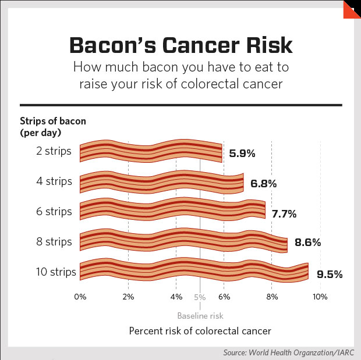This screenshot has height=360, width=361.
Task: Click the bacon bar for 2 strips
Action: click(x=151, y=151)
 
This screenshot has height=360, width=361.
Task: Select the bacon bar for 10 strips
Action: click(x=194, y=269)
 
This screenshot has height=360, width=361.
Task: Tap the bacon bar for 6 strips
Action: click(x=172, y=209)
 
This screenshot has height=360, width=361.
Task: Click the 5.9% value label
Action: click(x=242, y=154)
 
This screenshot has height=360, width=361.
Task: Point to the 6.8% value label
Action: click(x=264, y=184)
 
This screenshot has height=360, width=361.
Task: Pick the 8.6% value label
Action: click(x=308, y=242)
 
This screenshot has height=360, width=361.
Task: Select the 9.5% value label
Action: click(x=330, y=274)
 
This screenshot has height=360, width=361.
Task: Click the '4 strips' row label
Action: click(x=54, y=181)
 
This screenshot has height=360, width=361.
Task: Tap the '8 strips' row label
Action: click(x=54, y=242)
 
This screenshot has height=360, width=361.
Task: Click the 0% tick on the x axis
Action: click(x=80, y=297)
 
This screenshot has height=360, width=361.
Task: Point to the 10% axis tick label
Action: click(x=320, y=297)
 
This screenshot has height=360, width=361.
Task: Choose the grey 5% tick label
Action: click(x=200, y=297)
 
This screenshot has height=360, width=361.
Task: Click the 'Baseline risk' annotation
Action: click(x=200, y=316)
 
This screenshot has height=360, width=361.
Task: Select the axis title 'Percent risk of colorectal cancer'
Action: click(x=200, y=331)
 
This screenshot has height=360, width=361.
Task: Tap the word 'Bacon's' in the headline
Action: click(x=113, y=45)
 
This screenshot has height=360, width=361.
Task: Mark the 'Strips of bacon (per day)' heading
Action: click(x=53, y=127)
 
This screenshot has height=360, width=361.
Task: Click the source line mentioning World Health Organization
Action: click(x=289, y=352)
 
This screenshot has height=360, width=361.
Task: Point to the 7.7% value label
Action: click(x=284, y=214)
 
